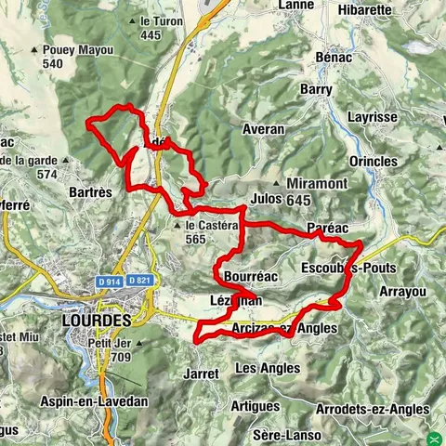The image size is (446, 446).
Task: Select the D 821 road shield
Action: [139, 281]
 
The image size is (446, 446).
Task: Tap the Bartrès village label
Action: [91, 191]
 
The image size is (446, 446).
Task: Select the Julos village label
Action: [266, 198]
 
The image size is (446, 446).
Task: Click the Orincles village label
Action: [372, 161]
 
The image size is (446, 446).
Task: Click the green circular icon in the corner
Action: [436, 437]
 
